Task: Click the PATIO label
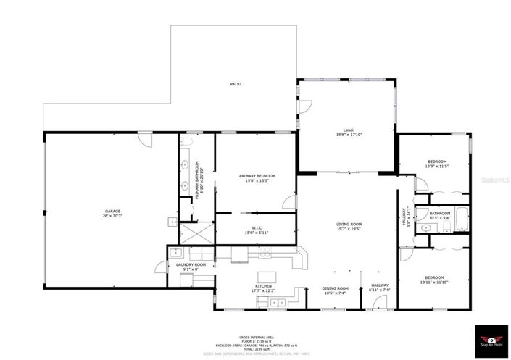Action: click(236, 85)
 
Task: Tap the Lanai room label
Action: click(348, 130)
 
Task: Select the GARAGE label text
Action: click(112, 211)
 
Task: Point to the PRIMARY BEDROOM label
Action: click(257, 176)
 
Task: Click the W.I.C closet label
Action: click(257, 228)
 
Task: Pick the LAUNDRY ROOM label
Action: click(191, 265)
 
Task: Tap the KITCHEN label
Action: click(262, 286)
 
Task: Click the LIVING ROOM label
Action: click(349, 225)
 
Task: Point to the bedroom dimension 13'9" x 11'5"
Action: click(436, 167)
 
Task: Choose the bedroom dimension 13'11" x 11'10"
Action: click(435, 282)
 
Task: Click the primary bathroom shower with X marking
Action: click(196, 234)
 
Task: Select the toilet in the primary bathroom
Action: click(185, 142)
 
